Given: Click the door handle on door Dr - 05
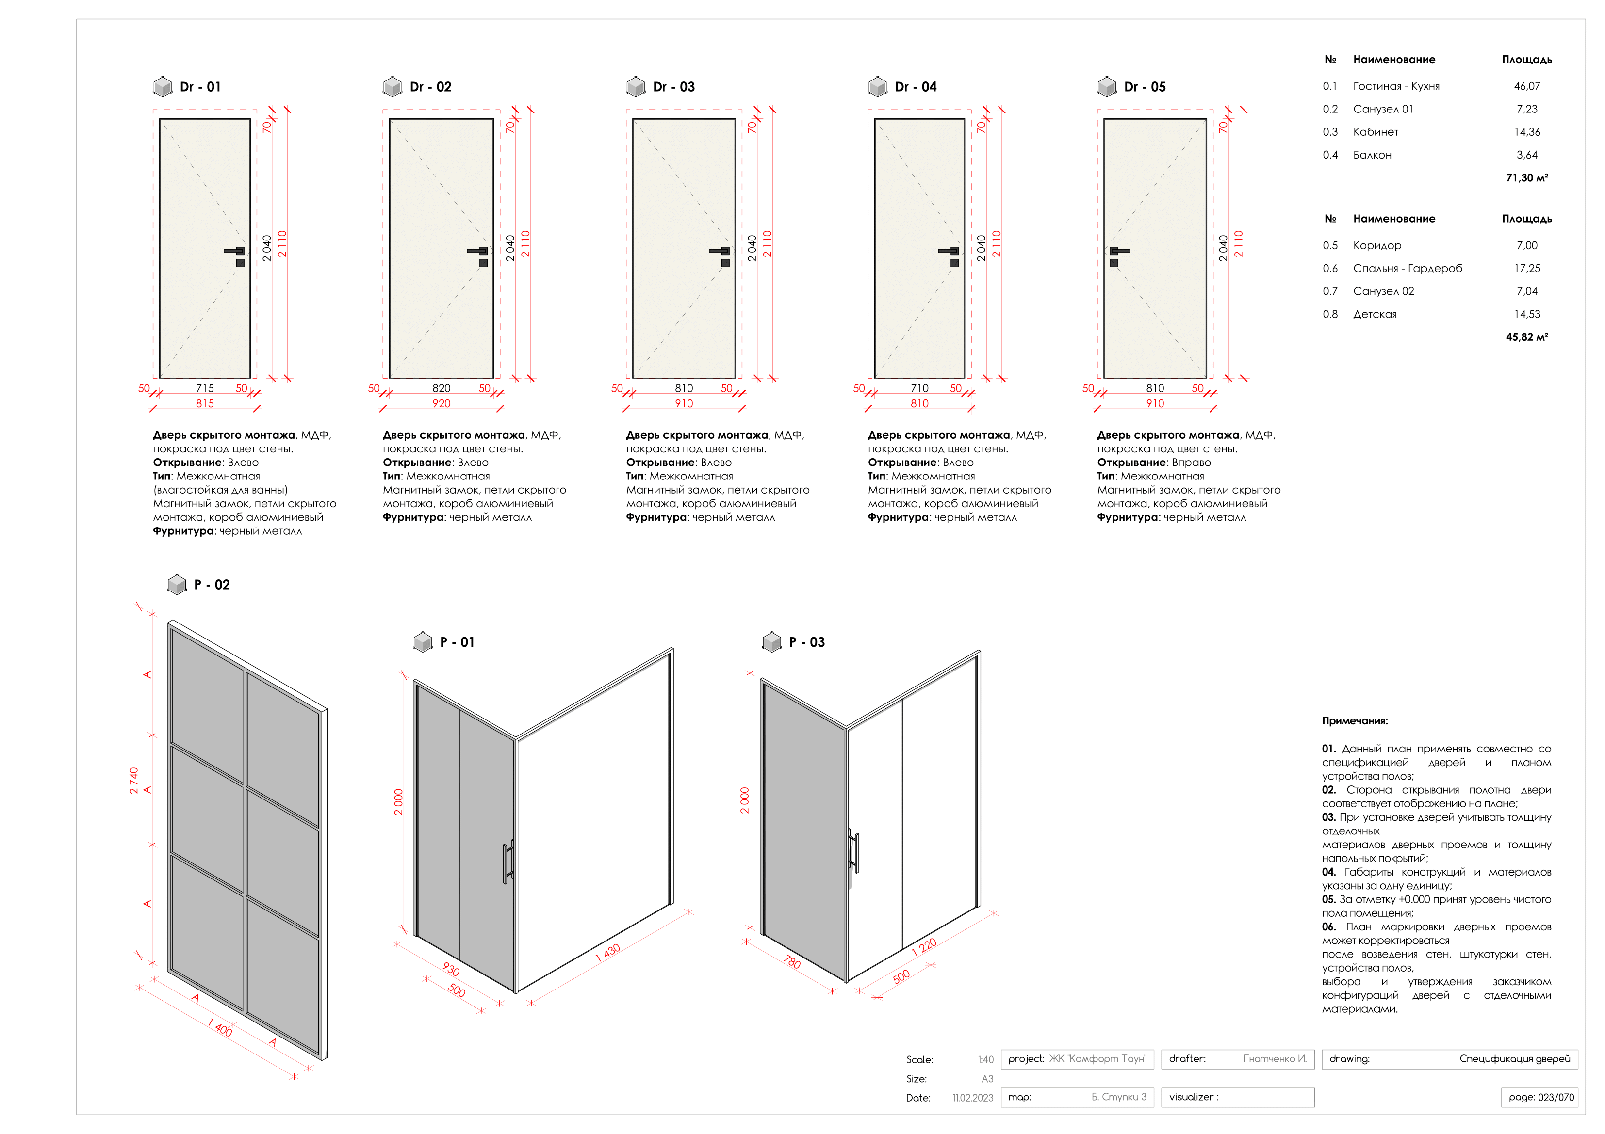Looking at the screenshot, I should [x=1119, y=251].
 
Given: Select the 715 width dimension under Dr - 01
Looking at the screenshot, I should [x=205, y=388].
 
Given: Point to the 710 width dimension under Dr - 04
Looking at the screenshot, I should [x=919, y=388].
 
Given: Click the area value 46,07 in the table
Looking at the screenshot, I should [x=1527, y=86].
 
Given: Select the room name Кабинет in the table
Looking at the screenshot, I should [x=1375, y=132].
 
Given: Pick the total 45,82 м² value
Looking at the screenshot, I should [x=1527, y=337].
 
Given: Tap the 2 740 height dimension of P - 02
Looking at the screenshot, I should [x=133, y=781].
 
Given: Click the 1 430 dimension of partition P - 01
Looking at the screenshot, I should [x=607, y=952].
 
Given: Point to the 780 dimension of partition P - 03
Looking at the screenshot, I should [x=791, y=961].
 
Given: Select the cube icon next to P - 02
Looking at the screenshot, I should [x=177, y=584].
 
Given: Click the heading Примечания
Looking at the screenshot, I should [x=1354, y=720].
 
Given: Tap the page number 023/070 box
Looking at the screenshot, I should [x=1540, y=1097].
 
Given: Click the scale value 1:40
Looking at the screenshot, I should [x=985, y=1059].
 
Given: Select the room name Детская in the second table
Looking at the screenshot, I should [x=1375, y=315].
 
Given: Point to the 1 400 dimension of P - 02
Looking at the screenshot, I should [x=219, y=1028].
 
